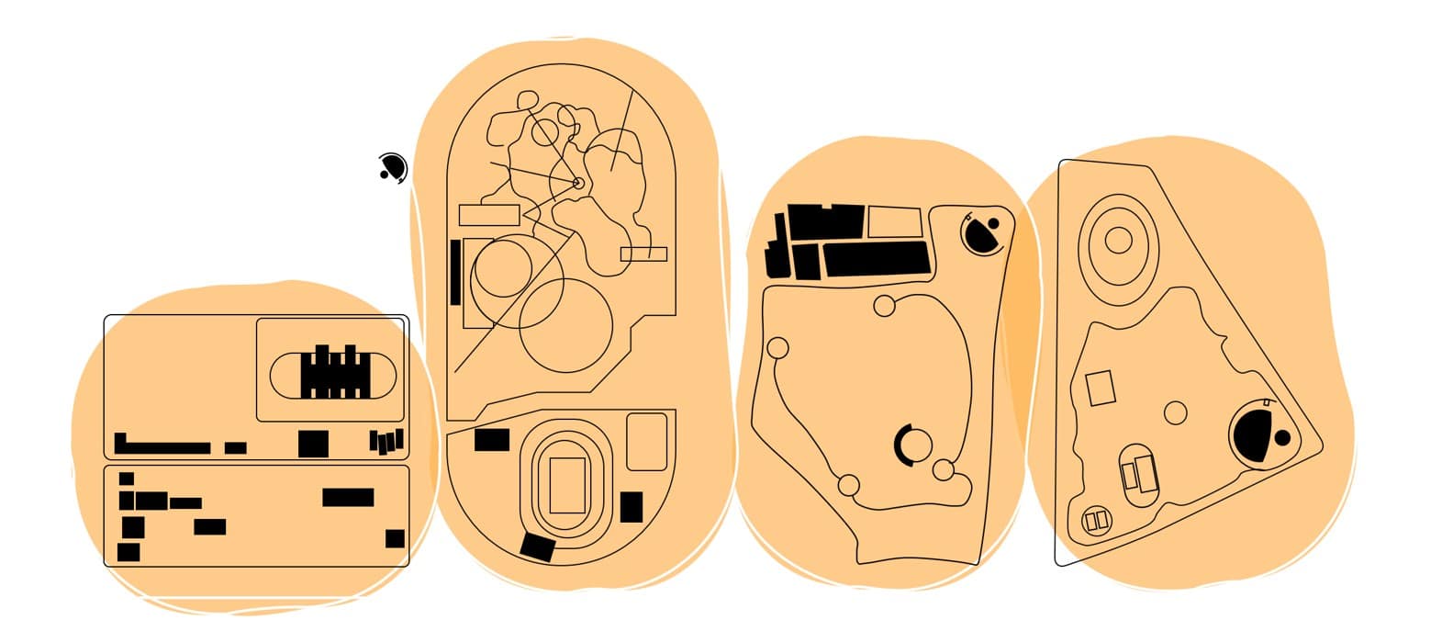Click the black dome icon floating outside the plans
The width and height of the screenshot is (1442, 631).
[x=393, y=168]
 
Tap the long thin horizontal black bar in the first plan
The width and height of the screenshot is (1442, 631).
[x=162, y=447]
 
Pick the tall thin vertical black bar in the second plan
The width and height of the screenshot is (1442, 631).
[x=455, y=272]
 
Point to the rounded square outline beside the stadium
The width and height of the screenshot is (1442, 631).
[x=646, y=442]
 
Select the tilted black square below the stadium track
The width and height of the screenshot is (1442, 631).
[x=538, y=546]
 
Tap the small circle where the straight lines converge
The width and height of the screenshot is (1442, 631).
[x=577, y=183]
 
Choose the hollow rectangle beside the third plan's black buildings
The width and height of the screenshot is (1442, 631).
[x=894, y=222]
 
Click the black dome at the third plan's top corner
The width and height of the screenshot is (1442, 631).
[x=984, y=233]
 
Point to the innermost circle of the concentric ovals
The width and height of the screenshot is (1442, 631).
[x=1118, y=240]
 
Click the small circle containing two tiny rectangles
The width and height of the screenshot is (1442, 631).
[x=1097, y=521]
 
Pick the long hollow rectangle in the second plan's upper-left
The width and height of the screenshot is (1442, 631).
[x=489, y=216]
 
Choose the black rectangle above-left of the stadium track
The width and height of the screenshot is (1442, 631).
[x=492, y=440]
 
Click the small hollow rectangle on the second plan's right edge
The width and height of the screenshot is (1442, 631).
[x=643, y=254]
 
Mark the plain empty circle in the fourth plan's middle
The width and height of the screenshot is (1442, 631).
[x=1175, y=412]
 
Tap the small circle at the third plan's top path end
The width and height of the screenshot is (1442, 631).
[x=884, y=306]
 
